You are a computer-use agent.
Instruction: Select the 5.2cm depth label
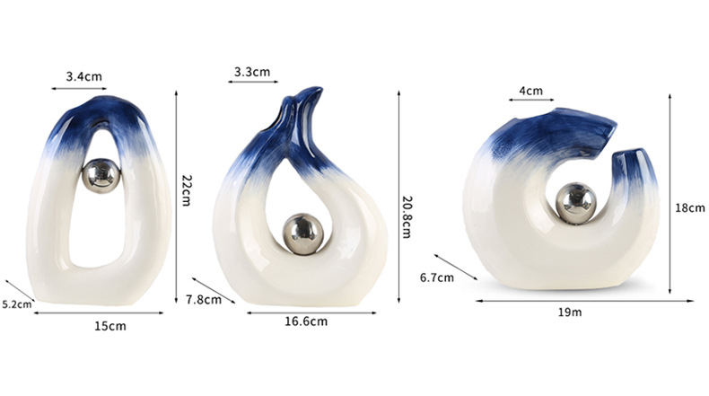point(16,304)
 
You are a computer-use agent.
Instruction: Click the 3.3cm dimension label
point(251,72)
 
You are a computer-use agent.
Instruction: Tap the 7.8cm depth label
point(204,299)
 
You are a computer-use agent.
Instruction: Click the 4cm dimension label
point(530,91)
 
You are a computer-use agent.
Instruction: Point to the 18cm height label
point(689,207)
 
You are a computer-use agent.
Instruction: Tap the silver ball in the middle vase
point(299,228)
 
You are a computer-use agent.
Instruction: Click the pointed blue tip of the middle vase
point(311,92)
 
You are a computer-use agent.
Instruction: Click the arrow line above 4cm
point(530,101)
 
